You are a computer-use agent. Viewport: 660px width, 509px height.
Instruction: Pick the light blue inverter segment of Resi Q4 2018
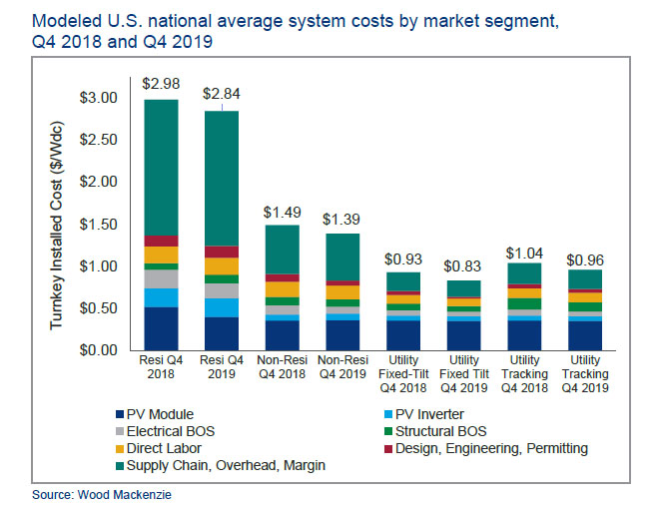[161, 297]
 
